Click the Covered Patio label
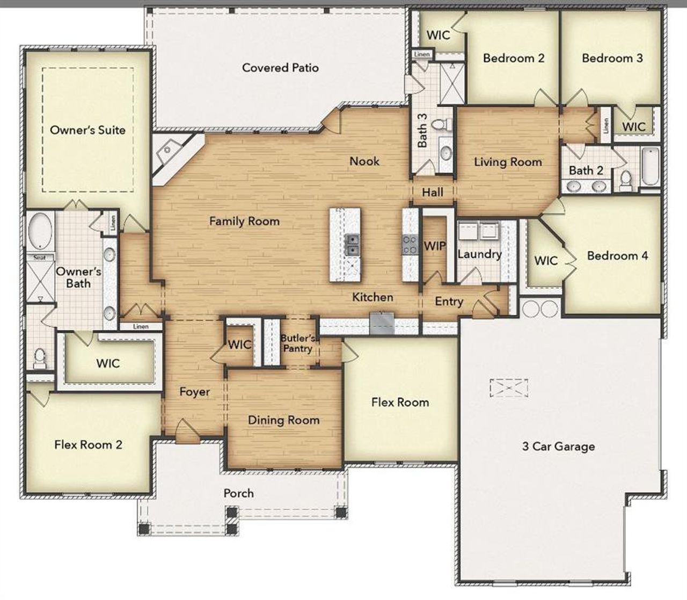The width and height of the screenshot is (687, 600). click(280, 68)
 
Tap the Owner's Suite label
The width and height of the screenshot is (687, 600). click(87, 130)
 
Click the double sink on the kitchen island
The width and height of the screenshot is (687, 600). click(352, 245)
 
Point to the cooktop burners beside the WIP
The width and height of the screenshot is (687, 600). click(411, 245)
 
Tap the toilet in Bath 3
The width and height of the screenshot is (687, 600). click(440, 125)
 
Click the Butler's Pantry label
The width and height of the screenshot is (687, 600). click(297, 343)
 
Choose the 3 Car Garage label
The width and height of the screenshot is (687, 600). click(558, 446)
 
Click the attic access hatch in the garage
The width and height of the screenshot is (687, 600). click(508, 387)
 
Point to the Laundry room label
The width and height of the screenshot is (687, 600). click(479, 254)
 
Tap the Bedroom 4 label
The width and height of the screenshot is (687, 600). click(617, 255)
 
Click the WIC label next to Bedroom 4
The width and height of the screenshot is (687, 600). click(546, 261)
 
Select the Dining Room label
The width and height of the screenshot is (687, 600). click(283, 420)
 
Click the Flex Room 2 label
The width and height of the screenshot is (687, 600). click(88, 444)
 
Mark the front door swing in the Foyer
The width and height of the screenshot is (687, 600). click(185, 430)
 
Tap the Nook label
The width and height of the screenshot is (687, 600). click(364, 161)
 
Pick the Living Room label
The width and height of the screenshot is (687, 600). click(508, 162)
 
